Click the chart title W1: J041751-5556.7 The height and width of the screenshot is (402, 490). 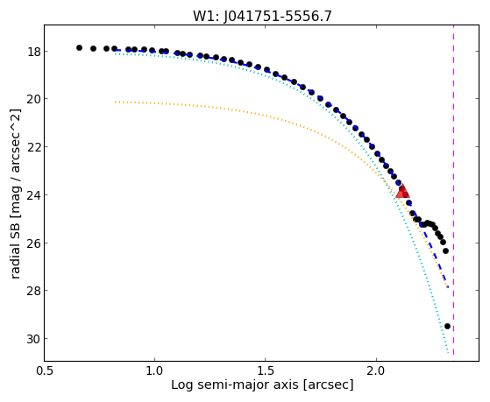coord(262,16)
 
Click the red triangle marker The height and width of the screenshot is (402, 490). coord(402,192)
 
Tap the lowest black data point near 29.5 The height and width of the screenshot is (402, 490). coord(447,326)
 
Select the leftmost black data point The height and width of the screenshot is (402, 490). coord(79,47)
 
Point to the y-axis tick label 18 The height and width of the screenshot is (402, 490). coord(33,51)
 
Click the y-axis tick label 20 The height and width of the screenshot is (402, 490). coord(33,99)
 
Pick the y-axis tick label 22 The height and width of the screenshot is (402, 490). coord(33,147)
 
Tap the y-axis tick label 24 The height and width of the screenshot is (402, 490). coord(33,195)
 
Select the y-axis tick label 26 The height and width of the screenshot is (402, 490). coord(33,243)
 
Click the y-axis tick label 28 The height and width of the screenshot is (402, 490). coord(33,291)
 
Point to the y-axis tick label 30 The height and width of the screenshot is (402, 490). coord(33,339)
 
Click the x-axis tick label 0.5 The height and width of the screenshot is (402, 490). coord(45,370)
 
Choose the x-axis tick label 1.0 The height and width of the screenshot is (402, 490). coord(154,370)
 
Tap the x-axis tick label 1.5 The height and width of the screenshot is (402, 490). coord(265,370)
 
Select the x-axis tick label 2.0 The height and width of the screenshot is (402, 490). coord(376,370)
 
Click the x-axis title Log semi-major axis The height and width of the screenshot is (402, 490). coord(235,384)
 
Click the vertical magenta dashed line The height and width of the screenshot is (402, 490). coord(453,190)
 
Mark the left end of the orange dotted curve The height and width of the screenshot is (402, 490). coord(116,102)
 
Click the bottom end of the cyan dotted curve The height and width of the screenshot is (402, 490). coord(449,353)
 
